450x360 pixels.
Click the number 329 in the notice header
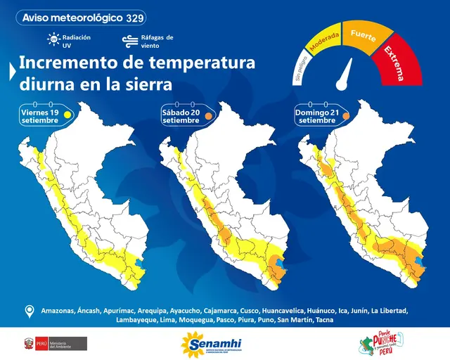136,17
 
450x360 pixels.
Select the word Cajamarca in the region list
224,310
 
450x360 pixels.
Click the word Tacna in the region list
324,321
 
